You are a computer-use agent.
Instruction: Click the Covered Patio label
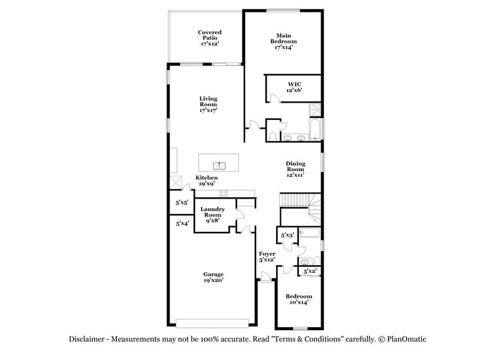click(x=210, y=38)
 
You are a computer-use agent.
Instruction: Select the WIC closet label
click(x=294, y=87)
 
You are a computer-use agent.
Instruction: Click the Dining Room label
click(x=295, y=169)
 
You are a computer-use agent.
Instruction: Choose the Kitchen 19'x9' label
click(x=207, y=181)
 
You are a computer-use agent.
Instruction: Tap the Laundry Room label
click(x=212, y=215)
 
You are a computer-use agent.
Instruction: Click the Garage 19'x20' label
click(x=213, y=277)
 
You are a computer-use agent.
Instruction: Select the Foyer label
click(x=267, y=257)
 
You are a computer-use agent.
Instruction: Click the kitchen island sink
click(x=218, y=166)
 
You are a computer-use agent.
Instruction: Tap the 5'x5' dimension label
click(x=182, y=202)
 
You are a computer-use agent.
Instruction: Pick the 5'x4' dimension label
click(x=182, y=223)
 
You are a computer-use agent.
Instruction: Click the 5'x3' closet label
click(x=287, y=236)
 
